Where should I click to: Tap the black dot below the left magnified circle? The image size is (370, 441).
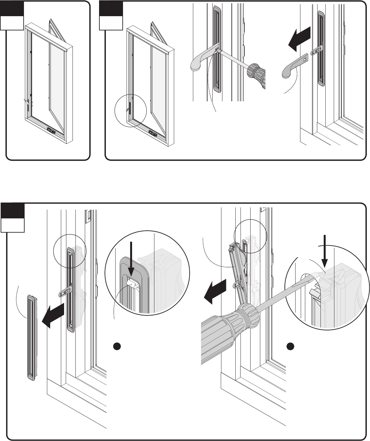point(117,346)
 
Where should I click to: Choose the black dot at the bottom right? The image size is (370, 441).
point(291,346)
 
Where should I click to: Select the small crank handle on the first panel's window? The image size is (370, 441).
point(26,102)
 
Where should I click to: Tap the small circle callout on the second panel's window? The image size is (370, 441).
point(130,110)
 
